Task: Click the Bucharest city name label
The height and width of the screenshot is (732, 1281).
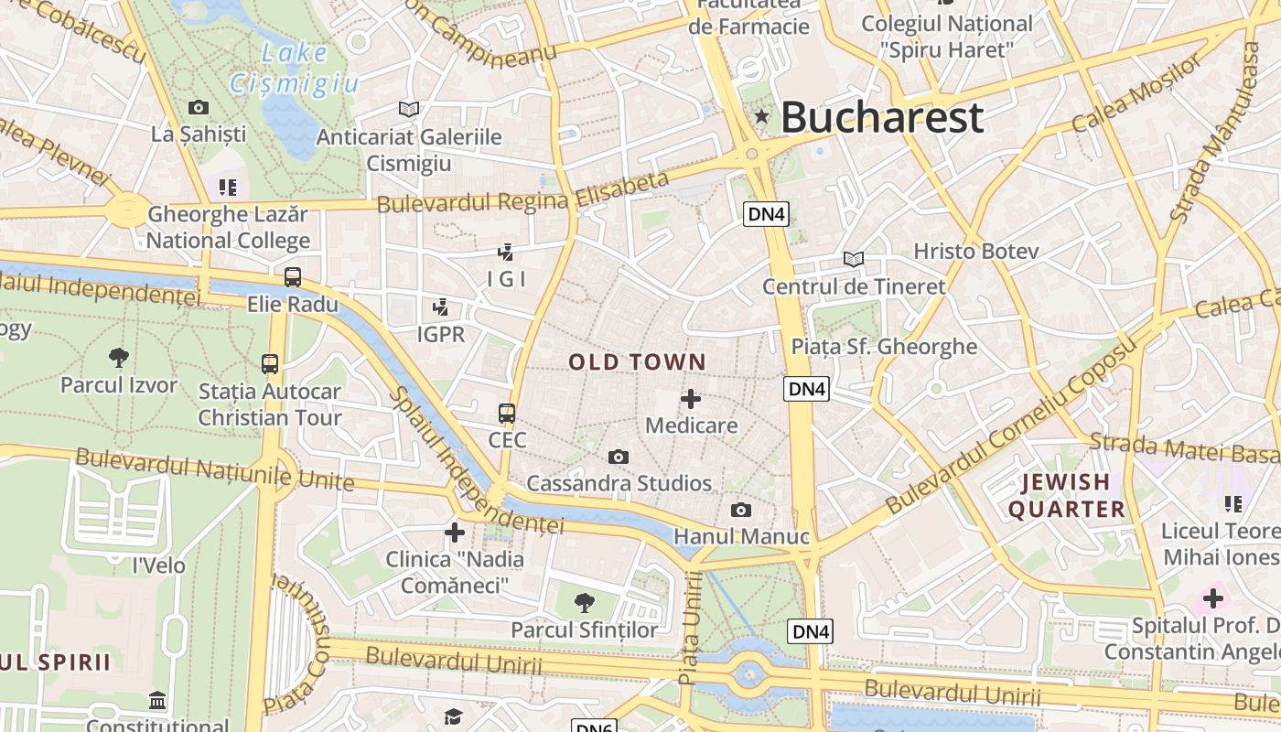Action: tap(881, 117)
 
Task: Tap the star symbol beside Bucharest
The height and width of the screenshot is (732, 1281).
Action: tap(761, 116)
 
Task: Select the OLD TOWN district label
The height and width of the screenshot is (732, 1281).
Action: tap(638, 362)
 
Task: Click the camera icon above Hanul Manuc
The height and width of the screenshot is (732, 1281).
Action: tap(741, 510)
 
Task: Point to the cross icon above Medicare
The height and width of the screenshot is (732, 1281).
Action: tap(691, 399)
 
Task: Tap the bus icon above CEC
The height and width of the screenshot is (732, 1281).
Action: tap(507, 413)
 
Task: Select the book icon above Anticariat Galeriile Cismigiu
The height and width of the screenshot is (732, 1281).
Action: tap(409, 109)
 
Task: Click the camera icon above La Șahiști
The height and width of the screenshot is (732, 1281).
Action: tap(199, 107)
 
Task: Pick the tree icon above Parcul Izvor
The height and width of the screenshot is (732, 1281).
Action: tap(118, 357)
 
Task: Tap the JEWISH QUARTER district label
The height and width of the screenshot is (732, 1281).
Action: tap(1067, 495)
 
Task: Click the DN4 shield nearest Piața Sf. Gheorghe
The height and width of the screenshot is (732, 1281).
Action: tap(806, 389)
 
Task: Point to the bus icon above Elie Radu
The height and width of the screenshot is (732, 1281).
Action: tap(293, 276)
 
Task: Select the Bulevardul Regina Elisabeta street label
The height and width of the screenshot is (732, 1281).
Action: tap(523, 192)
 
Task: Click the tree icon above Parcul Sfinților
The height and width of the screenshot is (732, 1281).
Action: tap(584, 602)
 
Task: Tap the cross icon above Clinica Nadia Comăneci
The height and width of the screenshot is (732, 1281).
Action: tap(455, 532)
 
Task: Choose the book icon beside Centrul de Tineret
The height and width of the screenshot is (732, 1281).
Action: tap(854, 260)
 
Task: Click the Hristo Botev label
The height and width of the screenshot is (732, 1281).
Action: tap(976, 251)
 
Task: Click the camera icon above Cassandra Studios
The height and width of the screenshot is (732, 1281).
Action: tap(619, 457)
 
